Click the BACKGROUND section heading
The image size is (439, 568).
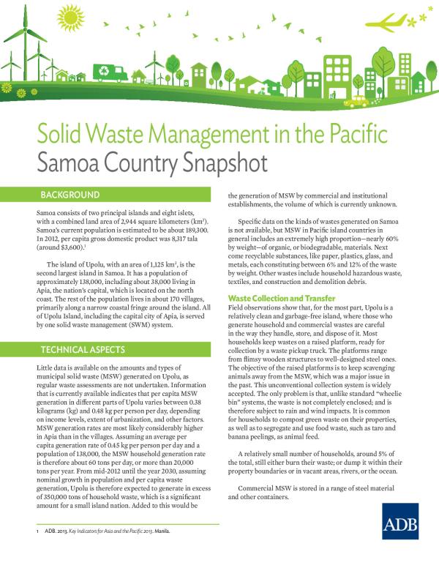[70, 195]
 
